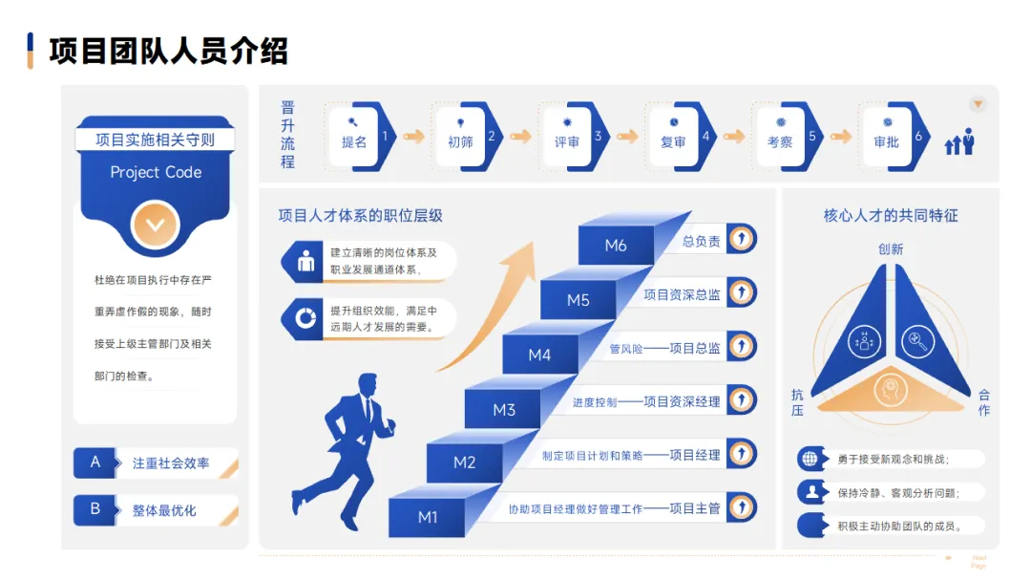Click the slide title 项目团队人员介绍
click(x=168, y=51)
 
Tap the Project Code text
click(x=156, y=172)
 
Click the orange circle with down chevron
click(x=156, y=226)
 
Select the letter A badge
click(x=95, y=463)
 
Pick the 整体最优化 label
click(x=164, y=510)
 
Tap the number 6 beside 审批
click(x=918, y=136)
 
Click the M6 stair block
click(x=616, y=246)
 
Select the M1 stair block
click(x=428, y=517)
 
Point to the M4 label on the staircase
click(x=539, y=355)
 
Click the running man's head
click(x=366, y=383)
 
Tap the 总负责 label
click(x=702, y=242)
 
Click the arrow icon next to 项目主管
click(x=741, y=507)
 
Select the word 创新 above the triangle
click(x=891, y=249)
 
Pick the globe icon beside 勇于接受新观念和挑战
click(x=810, y=459)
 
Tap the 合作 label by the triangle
click(x=983, y=402)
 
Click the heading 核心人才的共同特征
click(x=891, y=216)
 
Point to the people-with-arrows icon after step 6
click(x=959, y=142)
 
